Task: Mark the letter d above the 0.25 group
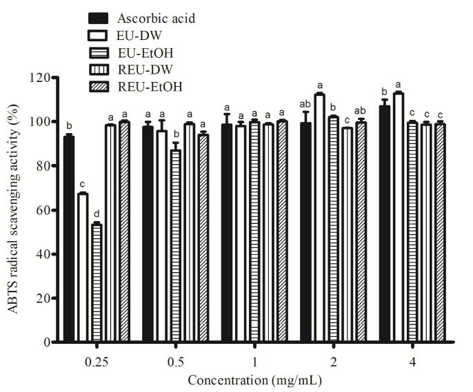tap(97, 213)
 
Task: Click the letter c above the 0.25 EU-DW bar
tap(83, 184)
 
